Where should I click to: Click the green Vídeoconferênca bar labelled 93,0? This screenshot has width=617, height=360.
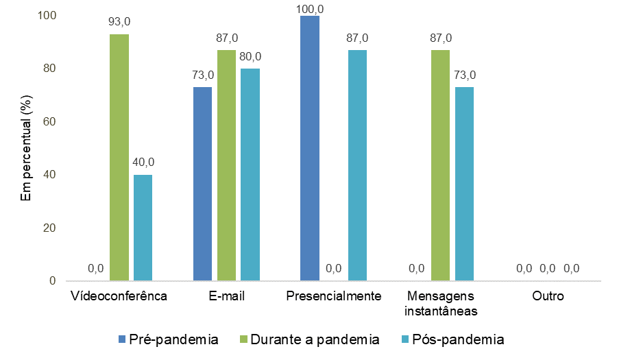[119, 158]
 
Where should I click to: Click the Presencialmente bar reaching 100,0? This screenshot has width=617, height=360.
[310, 148]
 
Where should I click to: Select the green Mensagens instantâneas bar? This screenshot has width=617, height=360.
[440, 165]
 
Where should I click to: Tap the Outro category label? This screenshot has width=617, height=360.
[548, 297]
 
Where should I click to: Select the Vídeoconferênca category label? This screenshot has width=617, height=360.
[119, 297]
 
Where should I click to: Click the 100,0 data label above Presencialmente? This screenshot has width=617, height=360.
[310, 8]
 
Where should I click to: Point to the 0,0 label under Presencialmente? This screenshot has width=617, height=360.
[334, 269]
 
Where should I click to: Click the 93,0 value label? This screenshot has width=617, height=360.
[119, 21]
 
